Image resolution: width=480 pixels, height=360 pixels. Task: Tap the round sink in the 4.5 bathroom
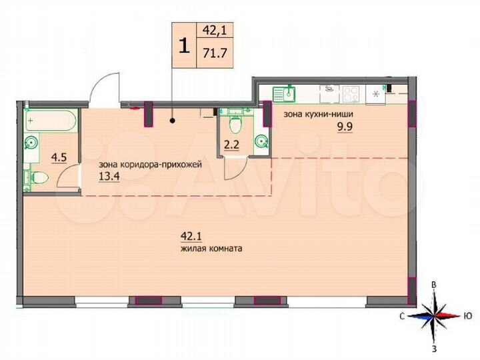(x=31, y=142)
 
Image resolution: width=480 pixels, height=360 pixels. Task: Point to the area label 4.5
(x=58, y=157)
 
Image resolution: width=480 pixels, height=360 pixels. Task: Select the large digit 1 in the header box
(x=182, y=45)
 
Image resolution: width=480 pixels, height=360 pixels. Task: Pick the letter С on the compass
(x=404, y=316)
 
